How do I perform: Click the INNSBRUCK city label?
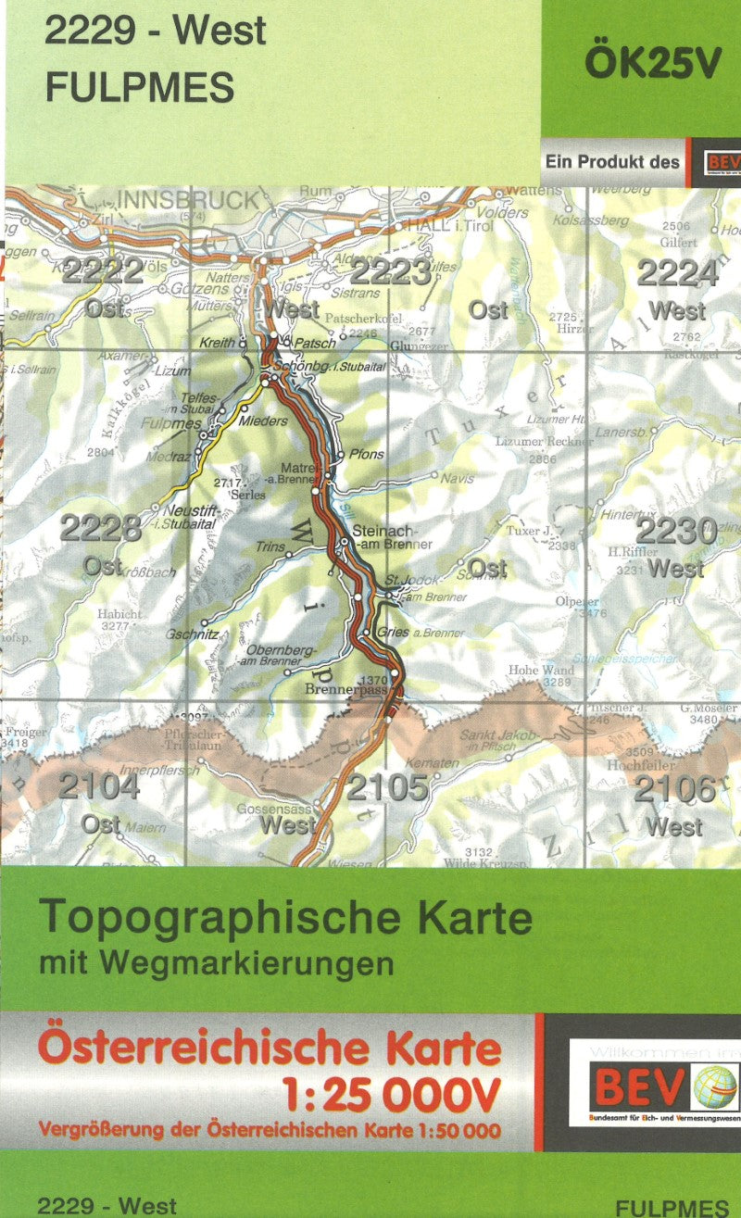(x=189, y=201)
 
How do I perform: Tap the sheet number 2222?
(x=104, y=271)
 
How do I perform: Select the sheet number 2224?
(x=678, y=274)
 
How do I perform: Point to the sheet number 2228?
(x=102, y=529)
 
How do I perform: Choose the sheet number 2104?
(x=100, y=787)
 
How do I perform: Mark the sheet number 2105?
(x=389, y=788)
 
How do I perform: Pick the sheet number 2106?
(x=676, y=789)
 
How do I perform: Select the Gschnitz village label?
(x=194, y=634)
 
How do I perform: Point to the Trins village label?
(x=270, y=547)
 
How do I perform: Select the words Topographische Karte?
(x=286, y=917)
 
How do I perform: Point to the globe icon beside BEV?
(x=714, y=1086)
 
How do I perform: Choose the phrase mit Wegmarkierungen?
(x=217, y=963)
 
